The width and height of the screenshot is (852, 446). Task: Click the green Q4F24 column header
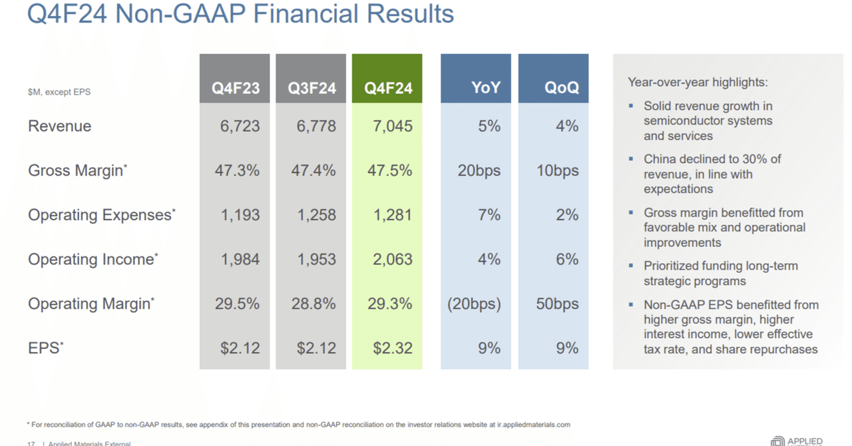coord(387,88)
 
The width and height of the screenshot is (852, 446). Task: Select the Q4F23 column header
coord(235,88)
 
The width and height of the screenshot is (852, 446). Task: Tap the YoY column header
coord(485,88)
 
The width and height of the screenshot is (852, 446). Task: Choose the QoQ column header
coord(561,88)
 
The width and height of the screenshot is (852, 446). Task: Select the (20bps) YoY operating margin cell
coord(475,304)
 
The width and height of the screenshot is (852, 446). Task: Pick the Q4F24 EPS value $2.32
coord(392,348)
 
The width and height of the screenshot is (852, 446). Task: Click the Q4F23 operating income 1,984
coord(240,260)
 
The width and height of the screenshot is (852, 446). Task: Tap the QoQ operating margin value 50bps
coord(557,304)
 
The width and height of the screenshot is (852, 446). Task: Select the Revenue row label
coord(60,126)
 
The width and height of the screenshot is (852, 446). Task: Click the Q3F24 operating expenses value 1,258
coord(317,215)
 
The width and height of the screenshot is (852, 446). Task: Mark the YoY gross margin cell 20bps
coord(479,170)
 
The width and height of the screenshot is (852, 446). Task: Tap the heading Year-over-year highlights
coord(698,83)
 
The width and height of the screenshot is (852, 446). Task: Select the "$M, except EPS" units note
coord(59,92)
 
